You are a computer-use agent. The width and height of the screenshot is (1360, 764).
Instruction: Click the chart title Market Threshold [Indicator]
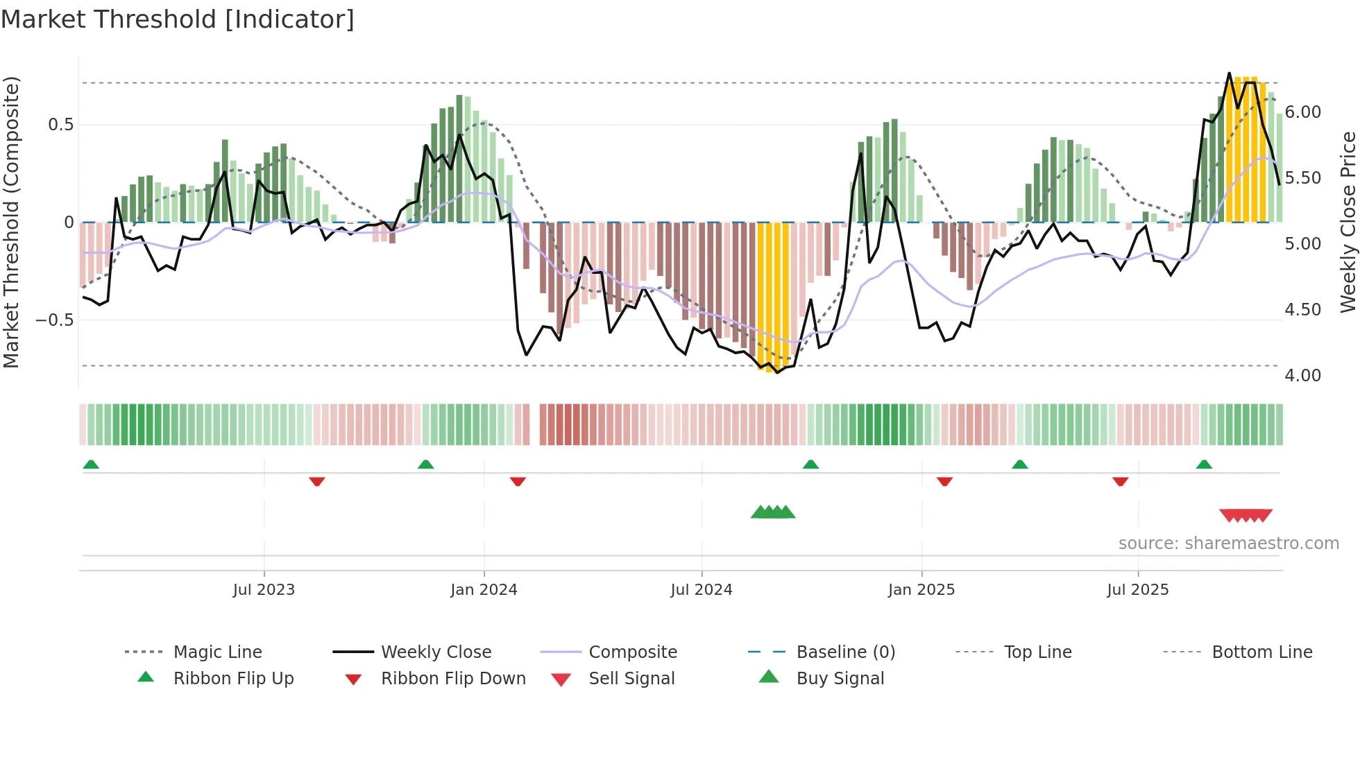178,19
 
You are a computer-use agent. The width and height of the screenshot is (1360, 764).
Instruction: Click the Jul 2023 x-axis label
264,590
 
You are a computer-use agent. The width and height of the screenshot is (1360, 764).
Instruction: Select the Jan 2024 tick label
484,590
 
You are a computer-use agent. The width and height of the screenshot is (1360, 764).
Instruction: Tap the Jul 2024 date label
702,590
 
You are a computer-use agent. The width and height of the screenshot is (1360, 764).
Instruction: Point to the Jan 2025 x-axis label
921,590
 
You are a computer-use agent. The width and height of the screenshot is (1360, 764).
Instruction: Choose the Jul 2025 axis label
1138,590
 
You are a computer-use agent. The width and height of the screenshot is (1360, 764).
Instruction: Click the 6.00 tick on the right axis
1303,112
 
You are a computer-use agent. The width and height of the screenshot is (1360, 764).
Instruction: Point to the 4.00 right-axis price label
1303,376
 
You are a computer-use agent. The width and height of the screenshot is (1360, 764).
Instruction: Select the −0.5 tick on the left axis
55,320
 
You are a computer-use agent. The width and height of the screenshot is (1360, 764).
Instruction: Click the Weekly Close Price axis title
1348,222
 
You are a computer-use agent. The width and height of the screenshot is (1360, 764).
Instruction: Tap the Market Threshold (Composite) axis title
11,222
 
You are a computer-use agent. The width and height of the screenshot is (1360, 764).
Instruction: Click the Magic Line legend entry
217,652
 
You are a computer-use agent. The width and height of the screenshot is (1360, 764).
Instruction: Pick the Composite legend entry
632,652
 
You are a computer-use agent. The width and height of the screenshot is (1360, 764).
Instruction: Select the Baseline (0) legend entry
845,652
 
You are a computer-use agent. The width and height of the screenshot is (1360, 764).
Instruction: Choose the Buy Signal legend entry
840,679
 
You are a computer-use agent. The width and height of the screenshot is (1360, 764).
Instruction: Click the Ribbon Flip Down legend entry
453,679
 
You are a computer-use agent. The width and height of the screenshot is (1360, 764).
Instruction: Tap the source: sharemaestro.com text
1228,544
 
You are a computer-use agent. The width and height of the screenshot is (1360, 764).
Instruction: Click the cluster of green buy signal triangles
773,512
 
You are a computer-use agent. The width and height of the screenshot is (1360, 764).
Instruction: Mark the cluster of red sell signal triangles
1246,515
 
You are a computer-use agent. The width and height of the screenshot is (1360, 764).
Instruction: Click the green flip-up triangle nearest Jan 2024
426,465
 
